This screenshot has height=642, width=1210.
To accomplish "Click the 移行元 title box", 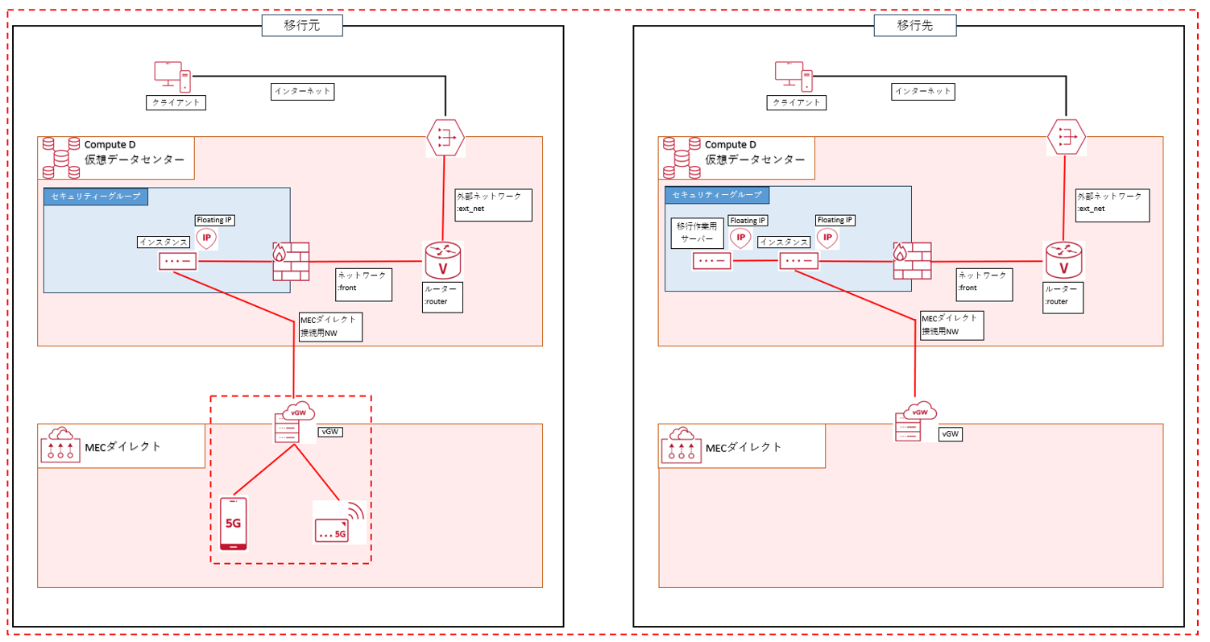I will (x=302, y=26).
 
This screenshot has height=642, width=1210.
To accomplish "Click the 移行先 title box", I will (x=914, y=26).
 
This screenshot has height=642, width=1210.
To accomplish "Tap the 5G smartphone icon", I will (x=233, y=524).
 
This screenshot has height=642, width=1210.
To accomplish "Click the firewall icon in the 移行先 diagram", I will (x=911, y=262).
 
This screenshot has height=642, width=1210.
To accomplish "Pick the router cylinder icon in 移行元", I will (x=442, y=259).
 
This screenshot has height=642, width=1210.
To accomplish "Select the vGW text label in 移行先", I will (x=951, y=434).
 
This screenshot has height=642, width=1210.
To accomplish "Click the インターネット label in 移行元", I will (x=302, y=91).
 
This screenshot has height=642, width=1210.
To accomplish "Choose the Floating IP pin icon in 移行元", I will (x=207, y=238).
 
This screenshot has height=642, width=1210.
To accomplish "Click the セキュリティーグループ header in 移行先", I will (x=717, y=195).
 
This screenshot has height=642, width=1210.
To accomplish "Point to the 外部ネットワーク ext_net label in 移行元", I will (x=493, y=205).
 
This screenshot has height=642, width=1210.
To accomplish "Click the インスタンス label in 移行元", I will (x=164, y=241).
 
